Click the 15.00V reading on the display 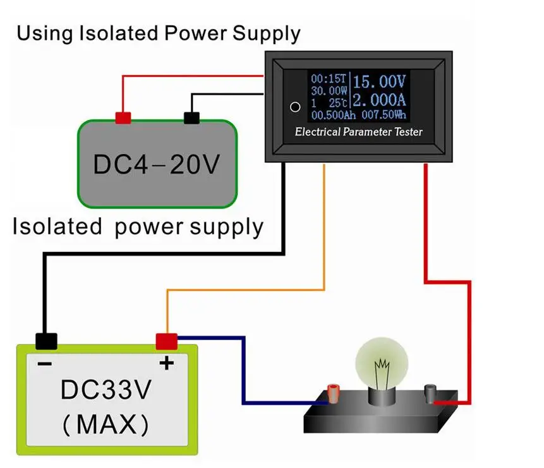[379, 82]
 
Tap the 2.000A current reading [379, 100]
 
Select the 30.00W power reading [329, 91]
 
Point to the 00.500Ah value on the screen [334, 115]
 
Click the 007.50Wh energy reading [384, 115]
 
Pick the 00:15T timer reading [329, 79]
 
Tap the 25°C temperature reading [338, 103]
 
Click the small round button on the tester [295, 107]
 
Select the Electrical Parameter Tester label [359, 132]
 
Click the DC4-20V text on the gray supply [157, 164]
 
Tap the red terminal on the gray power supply [123, 118]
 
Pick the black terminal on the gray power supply [191, 118]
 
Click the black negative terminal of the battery [47, 342]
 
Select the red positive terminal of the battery [167, 342]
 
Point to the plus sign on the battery [167, 363]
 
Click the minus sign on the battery [45, 364]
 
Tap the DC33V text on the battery [106, 390]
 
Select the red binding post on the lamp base [333, 393]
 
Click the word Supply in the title [267, 34]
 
